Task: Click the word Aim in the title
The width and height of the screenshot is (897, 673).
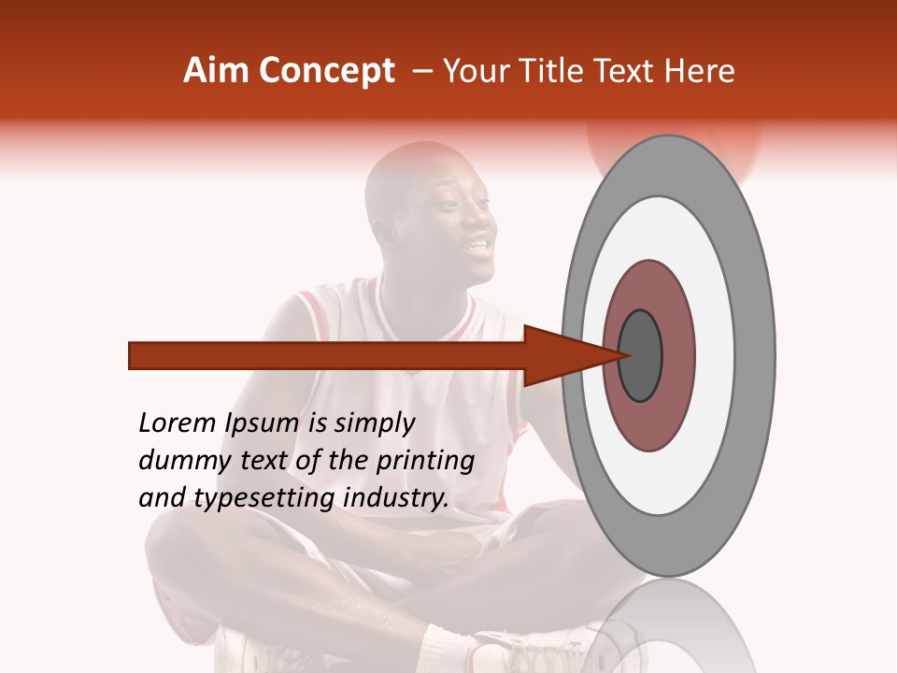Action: (x=217, y=71)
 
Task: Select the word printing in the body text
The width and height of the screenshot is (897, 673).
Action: (x=425, y=461)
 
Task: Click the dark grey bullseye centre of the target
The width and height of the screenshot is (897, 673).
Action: (x=641, y=355)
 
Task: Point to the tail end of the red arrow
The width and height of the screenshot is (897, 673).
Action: (x=135, y=355)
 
